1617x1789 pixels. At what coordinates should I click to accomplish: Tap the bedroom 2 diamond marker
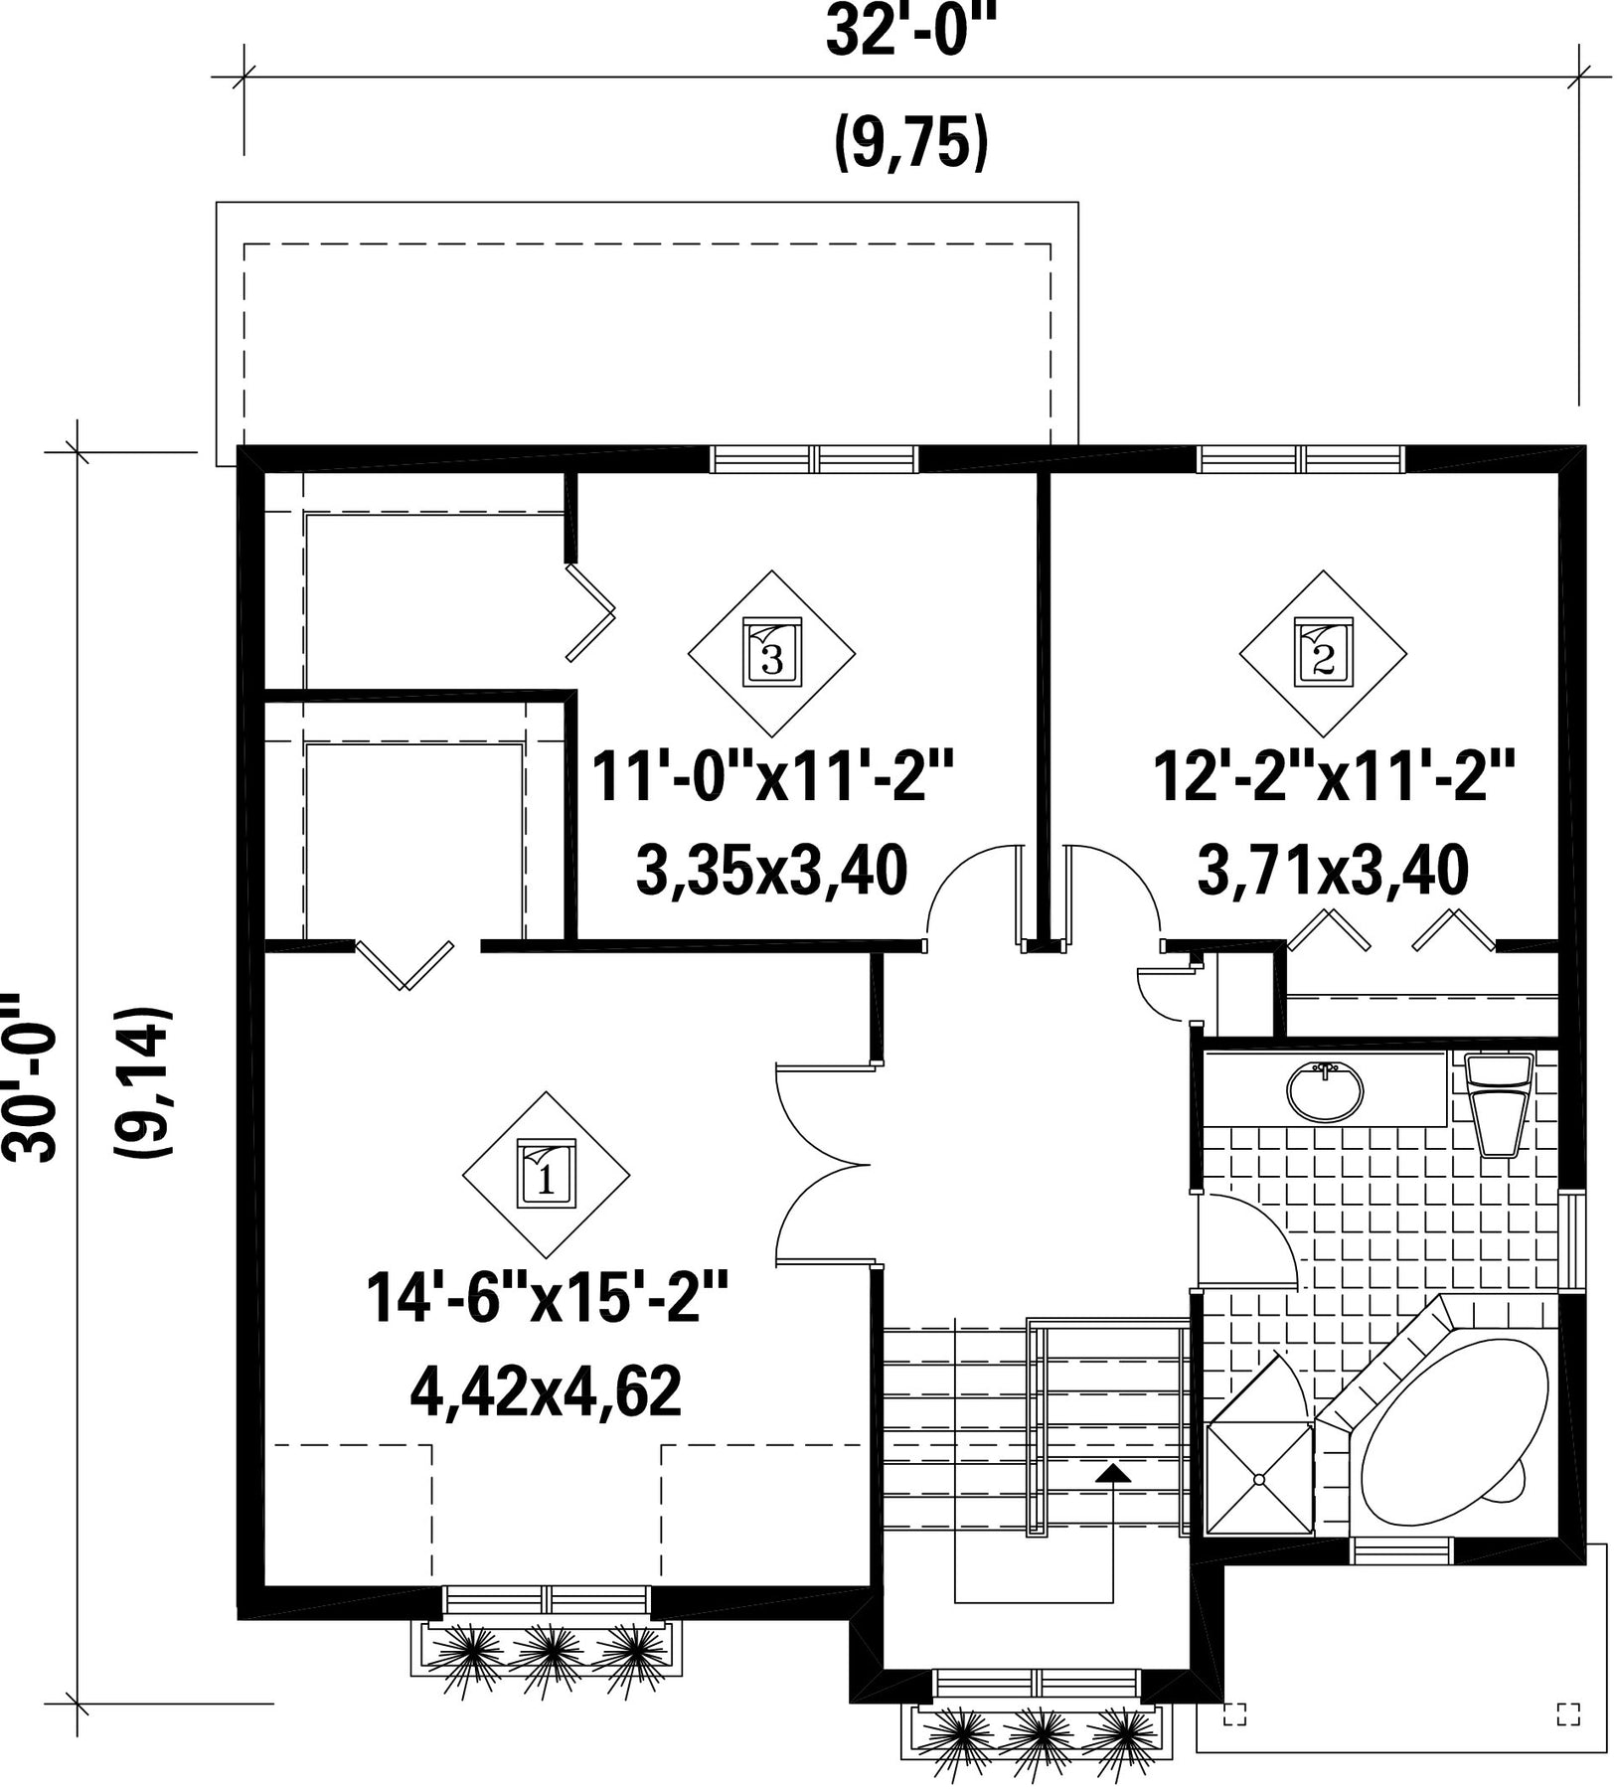(x=1323, y=653)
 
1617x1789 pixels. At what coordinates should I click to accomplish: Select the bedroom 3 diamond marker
(x=772, y=653)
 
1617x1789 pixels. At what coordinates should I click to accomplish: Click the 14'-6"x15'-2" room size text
(x=548, y=1297)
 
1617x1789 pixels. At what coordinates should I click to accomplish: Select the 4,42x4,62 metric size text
(x=546, y=1391)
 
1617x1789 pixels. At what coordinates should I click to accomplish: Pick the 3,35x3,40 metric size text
(x=771, y=871)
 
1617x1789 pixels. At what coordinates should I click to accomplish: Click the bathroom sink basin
(x=1325, y=1091)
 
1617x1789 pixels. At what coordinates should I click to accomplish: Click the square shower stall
(x=1259, y=1479)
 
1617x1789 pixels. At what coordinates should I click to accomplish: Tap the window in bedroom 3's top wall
(x=814, y=458)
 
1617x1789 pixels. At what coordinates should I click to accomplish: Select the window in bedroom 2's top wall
(x=1301, y=458)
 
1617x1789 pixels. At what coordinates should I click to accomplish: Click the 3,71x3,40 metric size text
(x=1334, y=871)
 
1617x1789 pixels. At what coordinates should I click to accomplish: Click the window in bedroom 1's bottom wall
(x=547, y=1599)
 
